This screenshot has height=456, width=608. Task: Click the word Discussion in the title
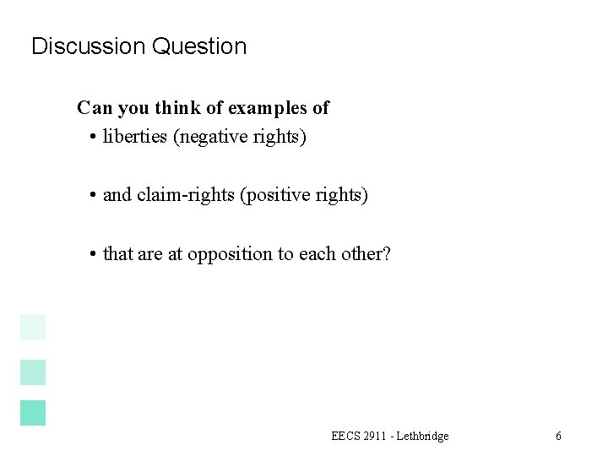(89, 46)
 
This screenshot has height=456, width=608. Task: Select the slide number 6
(558, 436)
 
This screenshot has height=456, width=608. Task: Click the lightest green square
(33, 326)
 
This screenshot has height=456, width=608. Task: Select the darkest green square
(33, 412)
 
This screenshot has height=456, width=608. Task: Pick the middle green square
(33, 372)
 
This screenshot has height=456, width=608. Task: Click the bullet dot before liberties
(91, 137)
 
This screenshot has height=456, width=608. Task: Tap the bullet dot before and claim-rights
(91, 196)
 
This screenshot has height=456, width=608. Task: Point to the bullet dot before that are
(91, 254)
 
